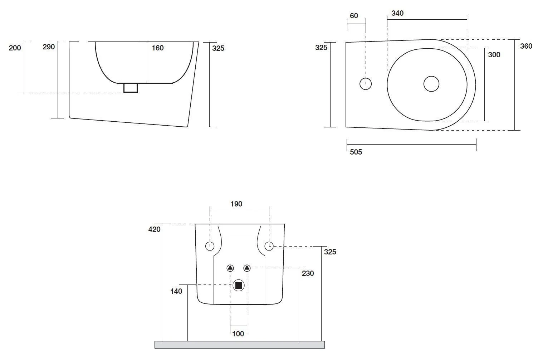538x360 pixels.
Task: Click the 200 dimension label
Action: point(15,48)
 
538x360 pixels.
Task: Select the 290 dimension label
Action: point(49,47)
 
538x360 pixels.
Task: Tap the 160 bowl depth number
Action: point(157,48)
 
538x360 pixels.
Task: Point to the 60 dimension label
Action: point(354,16)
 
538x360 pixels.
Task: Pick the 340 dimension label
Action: point(397,13)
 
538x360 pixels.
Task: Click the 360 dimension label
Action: point(526,46)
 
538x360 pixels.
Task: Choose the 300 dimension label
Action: point(494,55)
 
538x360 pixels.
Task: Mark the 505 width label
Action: point(356,152)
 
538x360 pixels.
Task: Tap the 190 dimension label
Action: point(236,204)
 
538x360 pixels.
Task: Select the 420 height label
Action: point(155,229)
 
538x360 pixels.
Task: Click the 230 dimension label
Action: point(308,273)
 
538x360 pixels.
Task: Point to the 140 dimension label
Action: point(176,291)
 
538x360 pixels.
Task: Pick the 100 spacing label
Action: point(238,334)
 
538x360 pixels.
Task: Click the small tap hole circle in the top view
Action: point(365,84)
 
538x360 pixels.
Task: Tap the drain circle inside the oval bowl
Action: point(431,84)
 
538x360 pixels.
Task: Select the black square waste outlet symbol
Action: point(238,285)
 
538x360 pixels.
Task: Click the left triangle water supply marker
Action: point(230,268)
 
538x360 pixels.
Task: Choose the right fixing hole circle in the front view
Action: point(269,246)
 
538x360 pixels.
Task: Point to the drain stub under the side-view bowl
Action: point(131,88)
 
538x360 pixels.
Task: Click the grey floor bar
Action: point(239,345)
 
